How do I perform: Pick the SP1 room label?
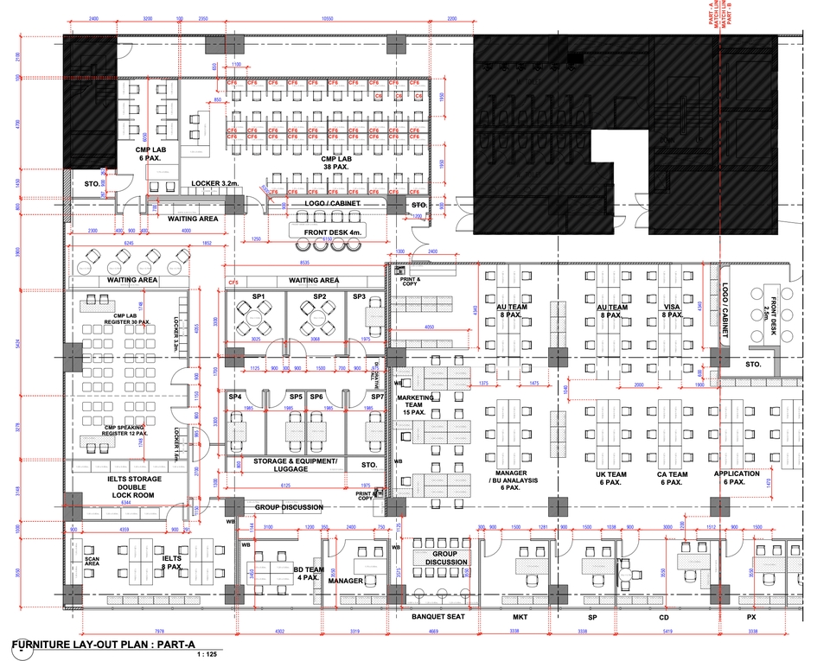click(x=259, y=297)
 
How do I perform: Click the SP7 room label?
click(x=377, y=397)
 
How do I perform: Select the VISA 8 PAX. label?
click(x=673, y=311)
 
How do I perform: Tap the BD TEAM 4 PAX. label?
click(x=309, y=574)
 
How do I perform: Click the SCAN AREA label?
click(x=92, y=562)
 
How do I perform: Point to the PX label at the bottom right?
click(x=751, y=618)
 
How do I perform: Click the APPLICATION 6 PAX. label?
click(x=737, y=478)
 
